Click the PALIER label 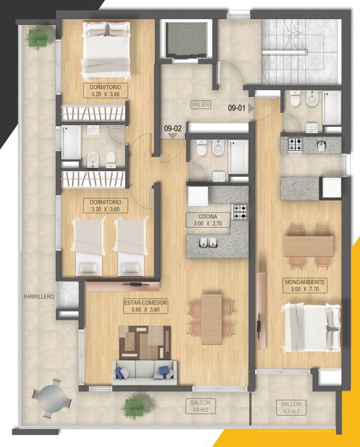point(201,105)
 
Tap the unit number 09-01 point(237,108)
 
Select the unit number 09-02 point(172,128)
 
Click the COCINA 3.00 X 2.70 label point(208,220)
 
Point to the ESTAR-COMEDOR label point(146,306)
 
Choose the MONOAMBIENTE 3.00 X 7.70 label point(305,286)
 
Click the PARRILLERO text point(39,296)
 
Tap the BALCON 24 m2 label point(200,406)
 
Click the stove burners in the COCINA point(241,212)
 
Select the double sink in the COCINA point(208,243)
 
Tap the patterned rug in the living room point(144,343)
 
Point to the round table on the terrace point(52,398)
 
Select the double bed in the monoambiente point(311,328)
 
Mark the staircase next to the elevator point(301,52)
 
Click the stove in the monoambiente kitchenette point(295,144)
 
